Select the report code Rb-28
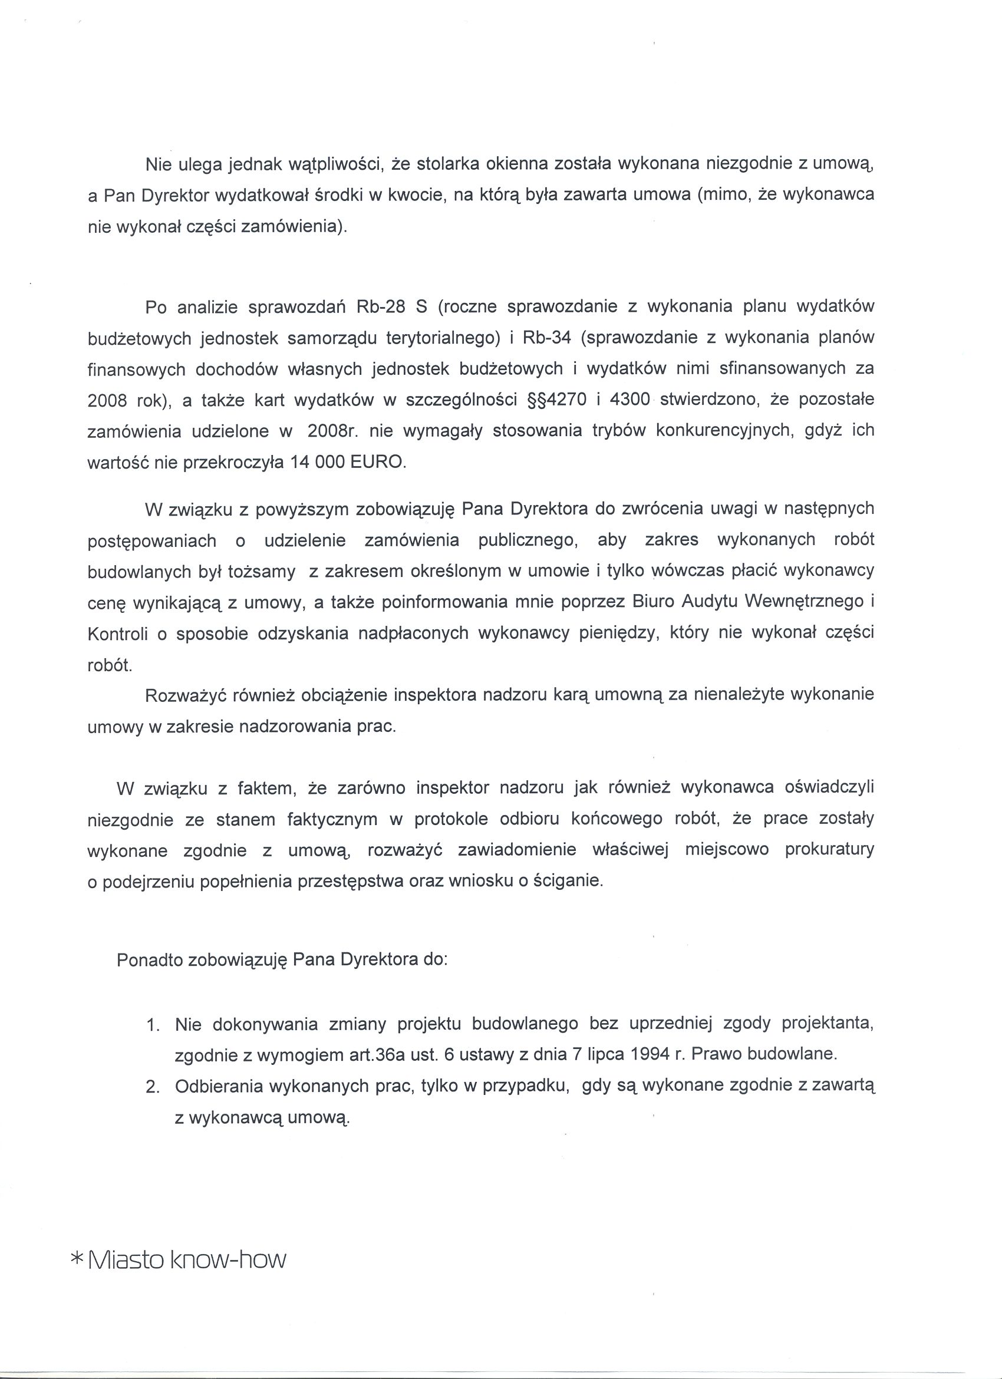coord(381,307)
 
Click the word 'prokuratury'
coord(829,849)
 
